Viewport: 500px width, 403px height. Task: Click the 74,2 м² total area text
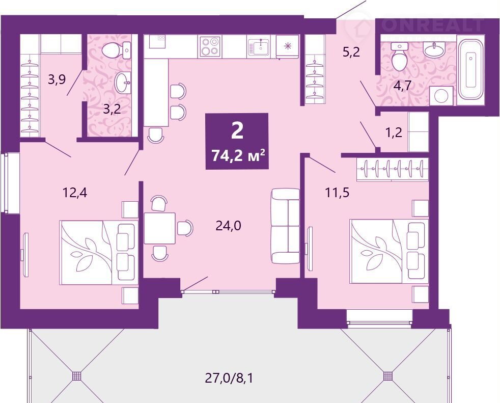click(238, 156)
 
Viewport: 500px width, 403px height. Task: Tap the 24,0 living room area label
click(228, 226)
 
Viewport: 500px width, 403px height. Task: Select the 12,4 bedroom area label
click(75, 193)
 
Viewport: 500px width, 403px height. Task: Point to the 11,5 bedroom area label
click(337, 193)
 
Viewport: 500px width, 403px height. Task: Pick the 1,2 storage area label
click(394, 132)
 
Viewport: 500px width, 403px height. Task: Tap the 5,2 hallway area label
click(351, 51)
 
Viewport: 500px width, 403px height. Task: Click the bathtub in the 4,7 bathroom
click(470, 70)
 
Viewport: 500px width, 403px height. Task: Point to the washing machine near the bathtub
click(441, 95)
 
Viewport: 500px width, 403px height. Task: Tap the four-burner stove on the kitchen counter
click(210, 47)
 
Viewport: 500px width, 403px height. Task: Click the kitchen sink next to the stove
click(259, 47)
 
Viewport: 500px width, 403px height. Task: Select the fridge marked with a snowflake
click(288, 46)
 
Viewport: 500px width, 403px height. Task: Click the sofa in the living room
click(286, 226)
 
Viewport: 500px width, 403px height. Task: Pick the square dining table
click(159, 228)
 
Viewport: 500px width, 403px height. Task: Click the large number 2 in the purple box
click(237, 131)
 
